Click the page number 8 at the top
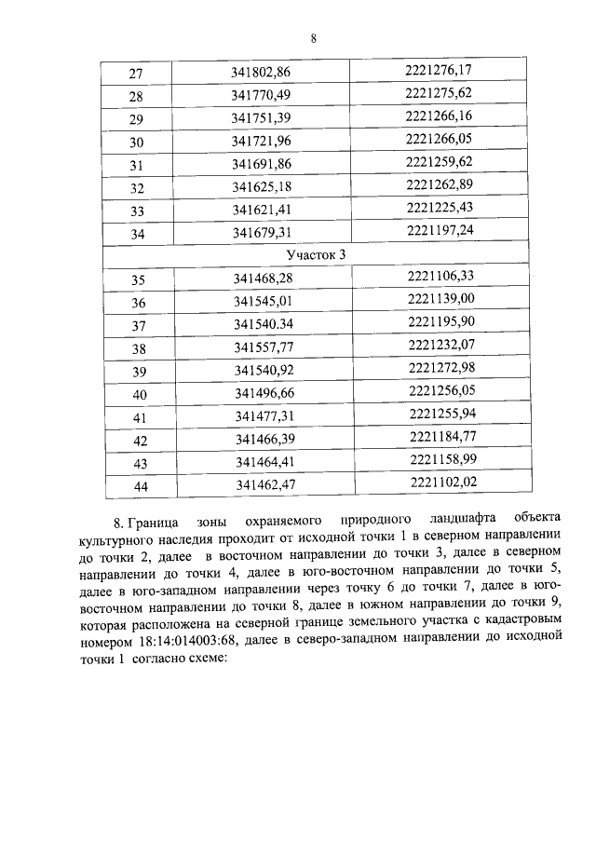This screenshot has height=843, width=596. coord(314,38)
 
